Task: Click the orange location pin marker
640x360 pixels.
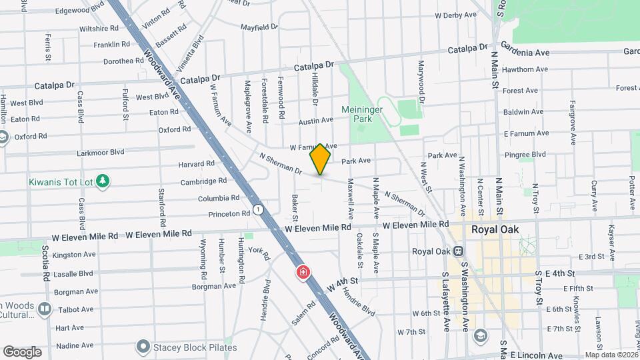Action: click(x=321, y=159)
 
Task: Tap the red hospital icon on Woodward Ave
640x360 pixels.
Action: click(x=303, y=273)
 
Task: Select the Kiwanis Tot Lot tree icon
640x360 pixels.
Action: click(x=102, y=181)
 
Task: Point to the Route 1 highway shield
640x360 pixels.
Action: click(x=258, y=209)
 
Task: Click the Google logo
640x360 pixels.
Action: click(x=22, y=351)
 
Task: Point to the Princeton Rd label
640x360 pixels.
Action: click(x=229, y=214)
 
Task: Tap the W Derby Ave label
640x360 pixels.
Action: click(x=455, y=15)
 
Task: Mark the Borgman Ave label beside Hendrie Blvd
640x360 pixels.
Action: click(x=215, y=286)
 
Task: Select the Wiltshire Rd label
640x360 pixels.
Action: click(x=99, y=29)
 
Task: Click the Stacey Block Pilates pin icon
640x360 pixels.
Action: click(x=142, y=347)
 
